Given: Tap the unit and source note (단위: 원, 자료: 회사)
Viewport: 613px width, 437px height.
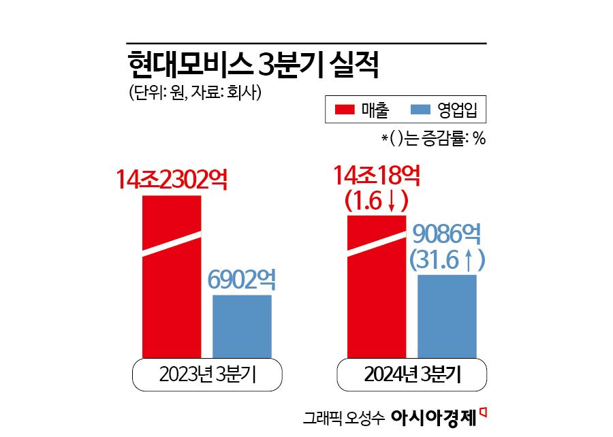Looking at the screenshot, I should point(194,93).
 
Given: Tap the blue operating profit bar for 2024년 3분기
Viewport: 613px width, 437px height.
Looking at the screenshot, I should point(447,317).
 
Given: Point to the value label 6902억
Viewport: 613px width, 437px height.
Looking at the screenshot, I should point(242,280).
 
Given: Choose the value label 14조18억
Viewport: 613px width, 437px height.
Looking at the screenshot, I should point(377,176).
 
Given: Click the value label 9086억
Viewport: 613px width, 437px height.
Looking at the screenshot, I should point(447,236).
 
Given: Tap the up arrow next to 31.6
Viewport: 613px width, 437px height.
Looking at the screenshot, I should point(470,261).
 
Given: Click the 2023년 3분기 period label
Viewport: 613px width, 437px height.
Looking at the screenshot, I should point(207,375).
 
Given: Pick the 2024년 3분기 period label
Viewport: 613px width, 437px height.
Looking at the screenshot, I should point(412,375).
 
